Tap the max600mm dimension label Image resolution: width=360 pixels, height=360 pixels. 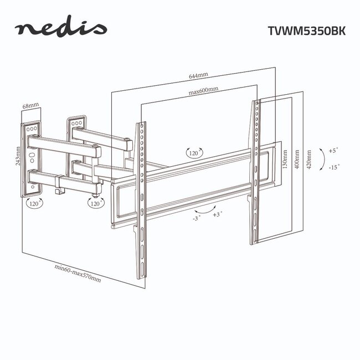click(x=203, y=90)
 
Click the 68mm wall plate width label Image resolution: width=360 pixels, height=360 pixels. click(x=30, y=105)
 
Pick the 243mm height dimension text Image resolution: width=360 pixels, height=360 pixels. click(x=18, y=157)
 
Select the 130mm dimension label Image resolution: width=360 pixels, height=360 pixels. click(x=284, y=160)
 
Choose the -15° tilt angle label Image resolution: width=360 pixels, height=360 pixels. click(x=334, y=167)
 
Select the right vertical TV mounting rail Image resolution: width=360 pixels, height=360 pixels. click(x=255, y=172)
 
